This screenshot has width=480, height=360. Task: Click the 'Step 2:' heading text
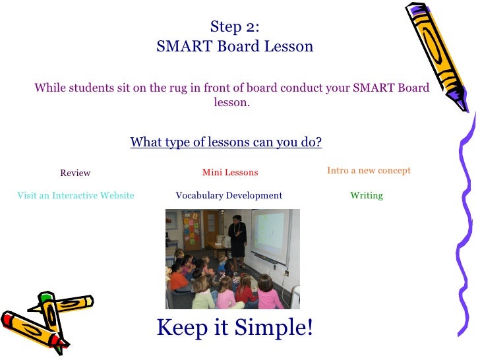pos(235,26)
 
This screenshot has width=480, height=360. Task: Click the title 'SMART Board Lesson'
pos(235,47)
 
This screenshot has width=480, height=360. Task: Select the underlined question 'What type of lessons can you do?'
pos(225,142)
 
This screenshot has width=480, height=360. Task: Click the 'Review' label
pos(75,173)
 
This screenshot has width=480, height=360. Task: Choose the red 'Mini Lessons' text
pos(230,173)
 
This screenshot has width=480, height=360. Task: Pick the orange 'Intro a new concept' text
pos(369,171)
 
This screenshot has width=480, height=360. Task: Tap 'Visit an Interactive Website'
pos(76,196)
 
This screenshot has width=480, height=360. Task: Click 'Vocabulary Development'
pos(229,196)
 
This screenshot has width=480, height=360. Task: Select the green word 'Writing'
pos(367,196)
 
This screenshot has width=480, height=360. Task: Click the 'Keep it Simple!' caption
pos(235,326)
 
